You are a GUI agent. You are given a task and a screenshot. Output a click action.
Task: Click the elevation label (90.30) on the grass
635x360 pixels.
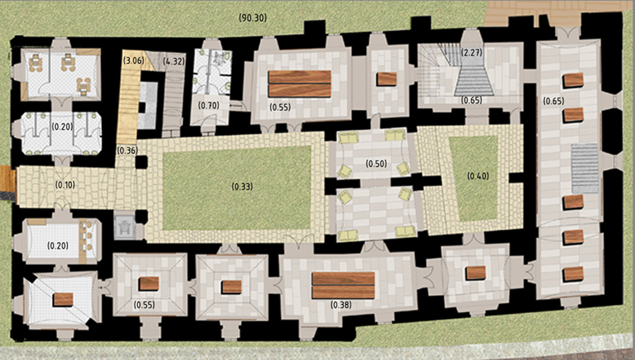point(252,18)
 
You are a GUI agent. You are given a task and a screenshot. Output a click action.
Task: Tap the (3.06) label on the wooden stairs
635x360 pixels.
point(133,61)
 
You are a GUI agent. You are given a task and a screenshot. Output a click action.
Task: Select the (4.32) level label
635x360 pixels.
point(174,62)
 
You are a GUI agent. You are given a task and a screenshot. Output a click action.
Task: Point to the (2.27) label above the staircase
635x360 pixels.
point(472,52)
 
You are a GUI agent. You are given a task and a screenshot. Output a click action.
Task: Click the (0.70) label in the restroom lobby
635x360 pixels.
point(209,106)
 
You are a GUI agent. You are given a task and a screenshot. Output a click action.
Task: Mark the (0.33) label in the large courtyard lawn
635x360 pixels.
point(242,187)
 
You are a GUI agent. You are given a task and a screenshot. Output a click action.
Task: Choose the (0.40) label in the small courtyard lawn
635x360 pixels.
point(478,176)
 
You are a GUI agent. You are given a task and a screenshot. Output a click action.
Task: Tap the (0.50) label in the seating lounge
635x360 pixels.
point(376,164)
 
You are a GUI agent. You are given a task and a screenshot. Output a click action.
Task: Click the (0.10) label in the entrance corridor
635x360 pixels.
point(65,185)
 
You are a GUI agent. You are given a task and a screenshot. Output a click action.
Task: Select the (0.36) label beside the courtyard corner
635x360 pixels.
point(127,151)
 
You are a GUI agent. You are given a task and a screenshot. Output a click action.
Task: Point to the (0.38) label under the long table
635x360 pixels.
point(341,305)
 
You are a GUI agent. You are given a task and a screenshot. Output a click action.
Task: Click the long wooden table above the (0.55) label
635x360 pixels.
point(300,84)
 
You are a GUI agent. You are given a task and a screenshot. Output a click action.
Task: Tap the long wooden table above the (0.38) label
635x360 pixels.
point(343,286)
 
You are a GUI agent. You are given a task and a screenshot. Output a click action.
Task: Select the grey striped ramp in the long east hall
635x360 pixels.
point(585,168)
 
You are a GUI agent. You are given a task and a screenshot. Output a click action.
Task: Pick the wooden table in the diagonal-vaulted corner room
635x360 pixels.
point(63,299)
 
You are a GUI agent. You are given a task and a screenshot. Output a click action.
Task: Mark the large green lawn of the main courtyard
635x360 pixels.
point(237,188)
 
